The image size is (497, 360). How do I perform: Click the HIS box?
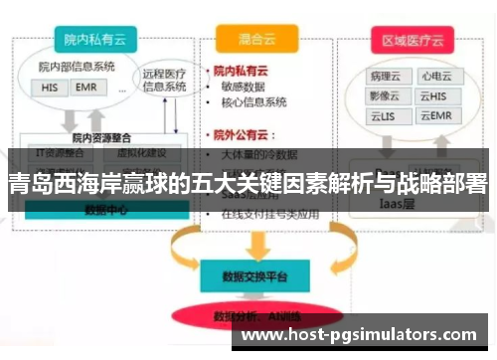[x=51, y=88]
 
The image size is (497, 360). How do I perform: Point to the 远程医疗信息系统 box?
[x=164, y=79]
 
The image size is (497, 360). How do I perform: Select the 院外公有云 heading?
[x=246, y=134]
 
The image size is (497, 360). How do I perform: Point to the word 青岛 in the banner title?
[x=27, y=185]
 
